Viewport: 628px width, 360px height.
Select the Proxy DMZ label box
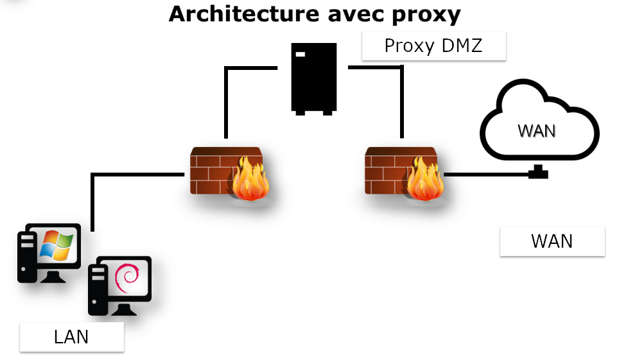433,46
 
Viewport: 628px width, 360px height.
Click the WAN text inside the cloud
536,130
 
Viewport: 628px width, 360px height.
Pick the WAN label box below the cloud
552,241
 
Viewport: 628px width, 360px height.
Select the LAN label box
71,337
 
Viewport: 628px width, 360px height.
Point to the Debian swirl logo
126,277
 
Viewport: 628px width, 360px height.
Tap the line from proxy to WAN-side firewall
401,96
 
